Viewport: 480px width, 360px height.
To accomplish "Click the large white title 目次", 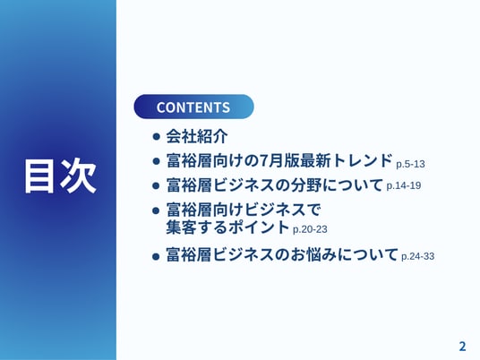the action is coord(60,176).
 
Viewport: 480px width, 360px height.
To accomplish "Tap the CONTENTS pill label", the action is coord(193,107).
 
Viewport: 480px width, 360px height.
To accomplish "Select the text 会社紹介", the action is coord(197,136).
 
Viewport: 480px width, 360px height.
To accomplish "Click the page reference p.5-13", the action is coord(410,165).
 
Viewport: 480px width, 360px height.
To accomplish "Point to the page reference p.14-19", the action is coord(404,185).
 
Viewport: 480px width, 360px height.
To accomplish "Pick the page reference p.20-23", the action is coord(310,229).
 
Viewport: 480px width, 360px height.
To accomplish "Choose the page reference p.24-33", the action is coord(417,256).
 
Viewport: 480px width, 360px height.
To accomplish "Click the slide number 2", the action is coord(462,347).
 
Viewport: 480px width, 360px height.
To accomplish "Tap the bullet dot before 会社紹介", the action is coord(156,136).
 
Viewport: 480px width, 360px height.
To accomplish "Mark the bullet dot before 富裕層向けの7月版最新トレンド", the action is coord(156,161).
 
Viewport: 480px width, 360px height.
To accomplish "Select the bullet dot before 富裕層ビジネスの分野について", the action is coord(156,185).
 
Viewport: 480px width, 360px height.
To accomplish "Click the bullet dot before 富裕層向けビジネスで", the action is coord(156,210).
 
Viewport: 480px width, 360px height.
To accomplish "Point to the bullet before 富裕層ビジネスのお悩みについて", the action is coord(156,256).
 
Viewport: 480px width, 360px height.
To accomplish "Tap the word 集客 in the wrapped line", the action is coord(181,227).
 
